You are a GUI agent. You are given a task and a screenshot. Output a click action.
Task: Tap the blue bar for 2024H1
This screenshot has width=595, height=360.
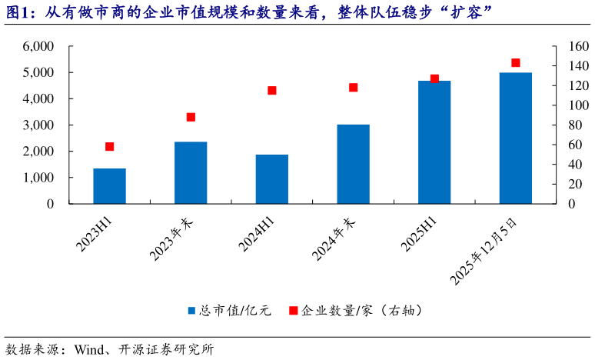(271, 178)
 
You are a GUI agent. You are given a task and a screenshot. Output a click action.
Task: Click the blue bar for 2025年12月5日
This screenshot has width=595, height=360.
(515, 138)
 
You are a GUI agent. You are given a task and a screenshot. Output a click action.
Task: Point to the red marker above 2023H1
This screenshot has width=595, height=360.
(109, 147)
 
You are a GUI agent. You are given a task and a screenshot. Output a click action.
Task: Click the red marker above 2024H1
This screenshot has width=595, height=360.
(272, 90)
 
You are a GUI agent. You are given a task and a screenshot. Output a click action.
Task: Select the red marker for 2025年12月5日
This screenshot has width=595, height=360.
(515, 63)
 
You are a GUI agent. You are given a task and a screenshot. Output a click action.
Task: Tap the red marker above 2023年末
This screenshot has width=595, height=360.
(191, 117)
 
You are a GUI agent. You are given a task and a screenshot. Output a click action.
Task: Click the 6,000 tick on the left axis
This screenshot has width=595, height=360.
(38, 46)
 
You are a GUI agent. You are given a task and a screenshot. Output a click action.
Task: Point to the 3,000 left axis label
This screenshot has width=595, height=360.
(38, 125)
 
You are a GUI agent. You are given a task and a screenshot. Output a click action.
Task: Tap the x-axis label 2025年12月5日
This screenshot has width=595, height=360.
(487, 251)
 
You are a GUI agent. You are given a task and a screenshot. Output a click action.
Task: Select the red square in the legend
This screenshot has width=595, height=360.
(293, 311)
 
